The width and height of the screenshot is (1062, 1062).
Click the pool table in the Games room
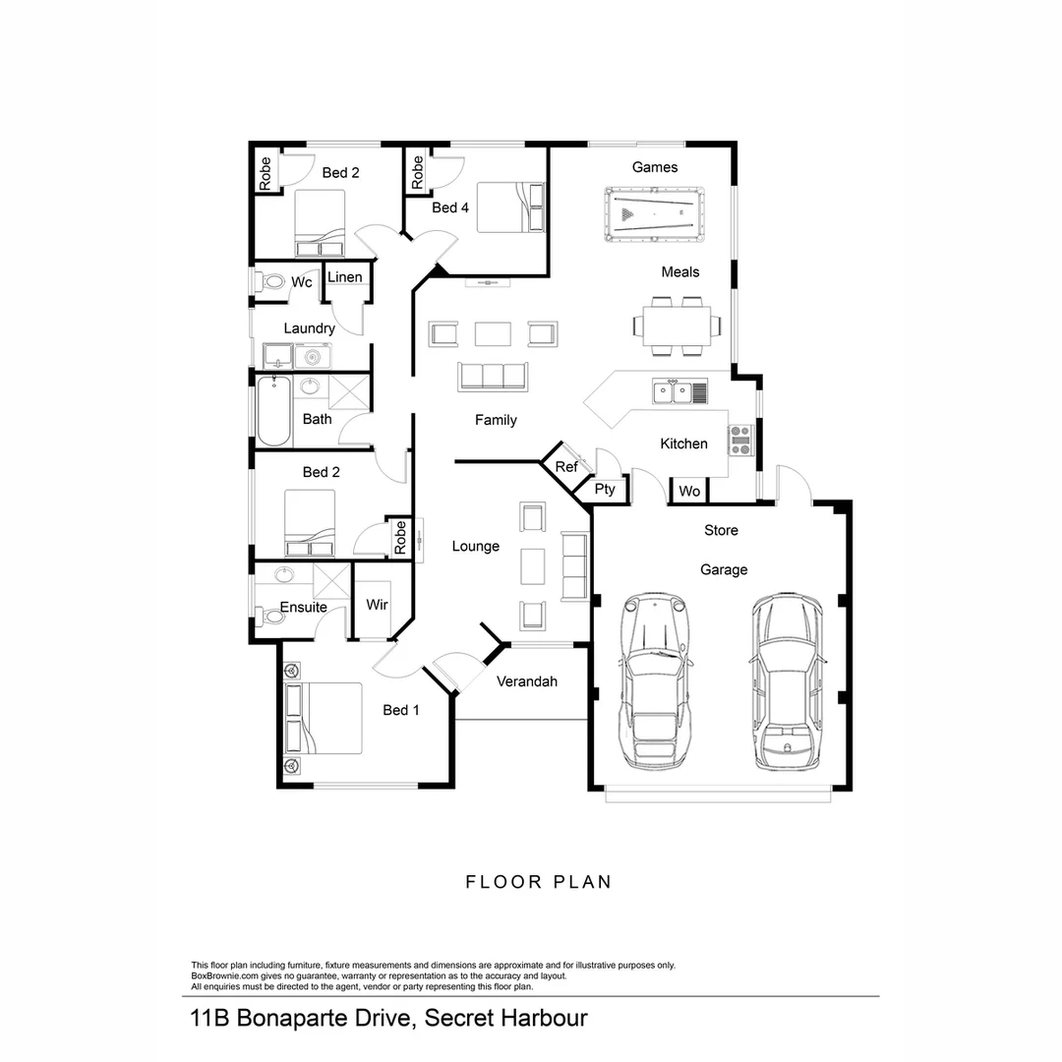[654, 213]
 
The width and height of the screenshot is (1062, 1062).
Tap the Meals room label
[680, 271]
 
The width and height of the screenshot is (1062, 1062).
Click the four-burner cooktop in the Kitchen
[739, 440]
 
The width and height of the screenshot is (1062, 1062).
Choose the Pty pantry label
[605, 489]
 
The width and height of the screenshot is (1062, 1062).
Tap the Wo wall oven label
[689, 491]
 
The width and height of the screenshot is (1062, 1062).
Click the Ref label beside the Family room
[566, 467]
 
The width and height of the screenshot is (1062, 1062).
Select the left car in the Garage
[652, 680]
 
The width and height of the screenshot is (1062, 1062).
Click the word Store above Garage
[721, 530]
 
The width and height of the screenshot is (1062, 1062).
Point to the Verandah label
[527, 680]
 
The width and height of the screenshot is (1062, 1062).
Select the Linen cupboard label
[344, 277]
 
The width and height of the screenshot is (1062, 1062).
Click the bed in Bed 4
[510, 207]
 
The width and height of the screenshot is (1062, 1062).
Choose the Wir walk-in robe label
[377, 606]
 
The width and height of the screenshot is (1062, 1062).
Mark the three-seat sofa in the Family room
[493, 377]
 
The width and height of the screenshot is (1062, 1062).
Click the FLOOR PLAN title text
[538, 882]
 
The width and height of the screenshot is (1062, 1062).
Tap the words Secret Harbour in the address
[505, 1017]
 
